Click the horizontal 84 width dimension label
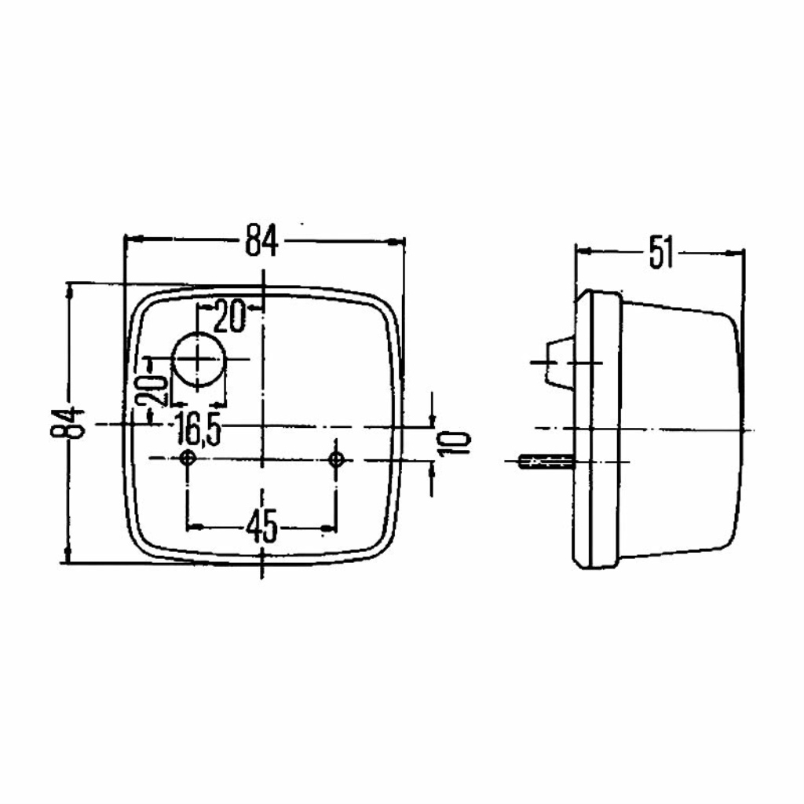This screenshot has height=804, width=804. [x=261, y=240]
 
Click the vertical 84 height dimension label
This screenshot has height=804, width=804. [x=68, y=423]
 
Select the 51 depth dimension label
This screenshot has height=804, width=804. [x=661, y=252]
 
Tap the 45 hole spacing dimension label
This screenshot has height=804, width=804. [x=261, y=526]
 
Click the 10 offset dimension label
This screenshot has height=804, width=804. [x=454, y=444]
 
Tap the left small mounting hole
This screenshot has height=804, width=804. [x=188, y=458]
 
